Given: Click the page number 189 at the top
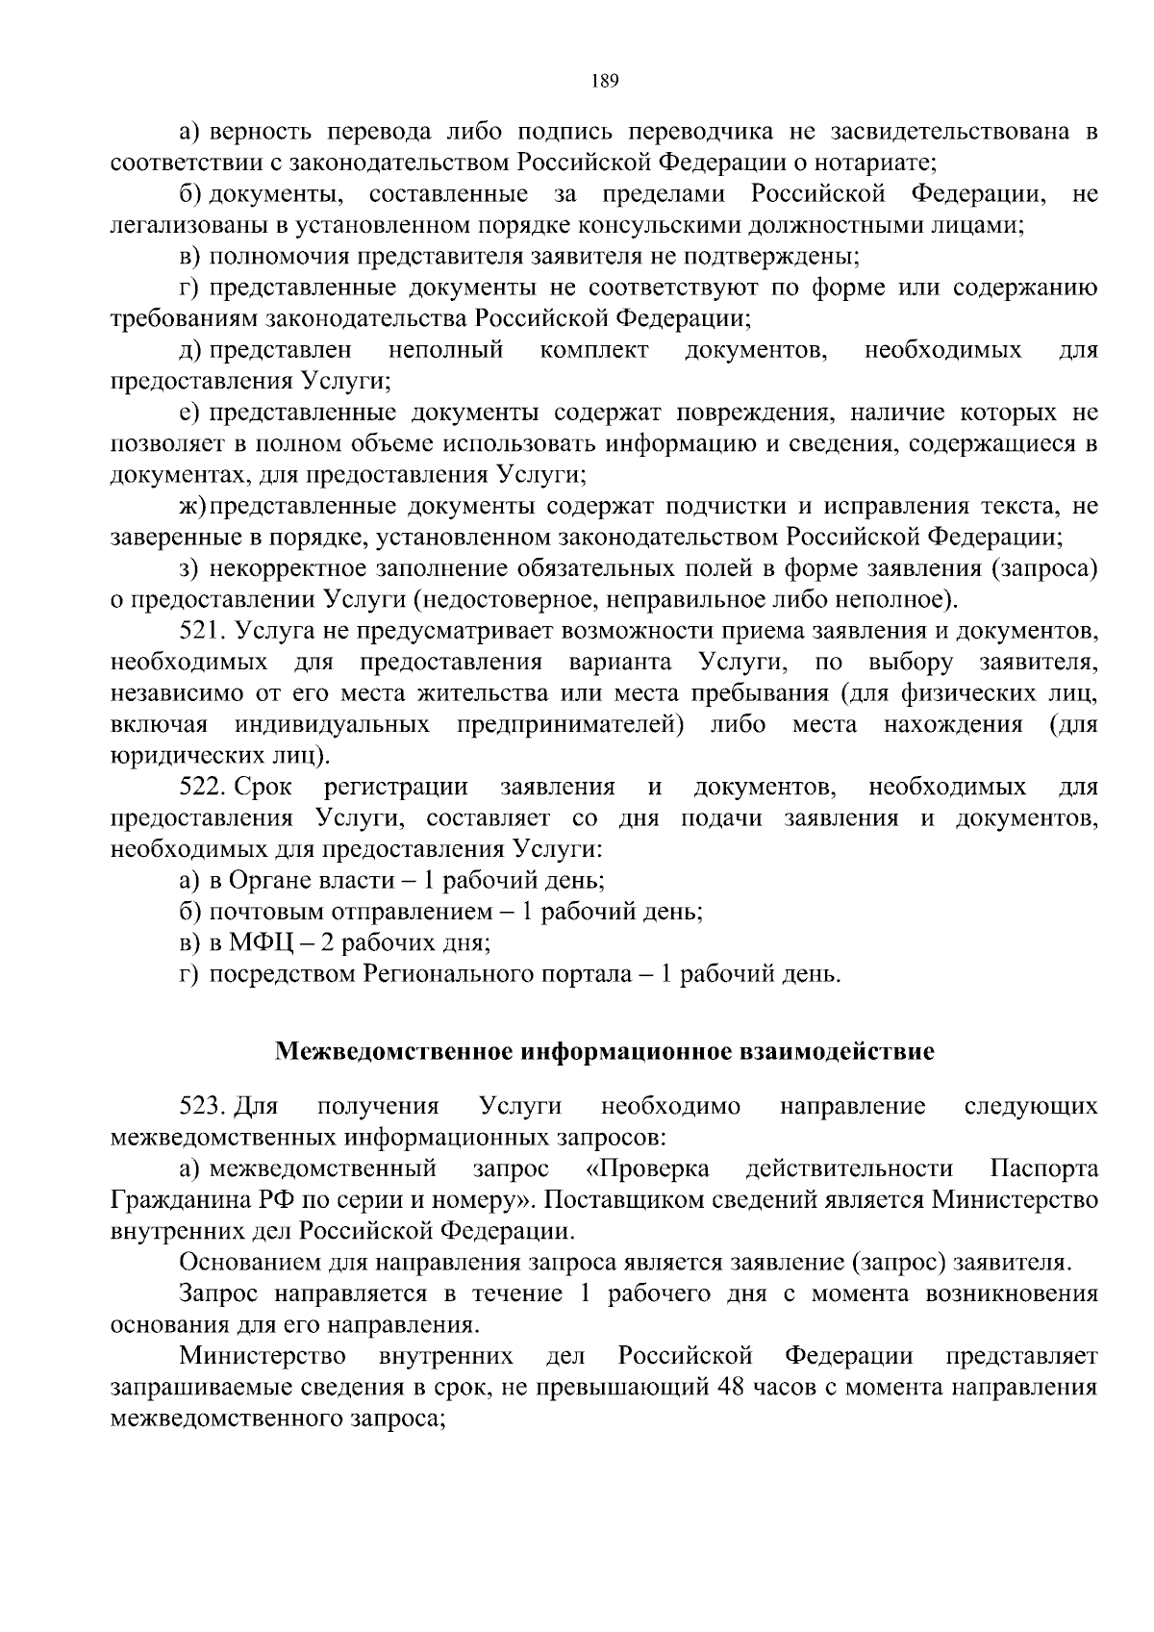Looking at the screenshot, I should coord(604,81).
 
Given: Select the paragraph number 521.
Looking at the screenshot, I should coord(202,632).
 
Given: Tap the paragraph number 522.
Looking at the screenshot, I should coord(202,788).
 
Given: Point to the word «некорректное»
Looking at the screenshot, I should coord(296,569).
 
